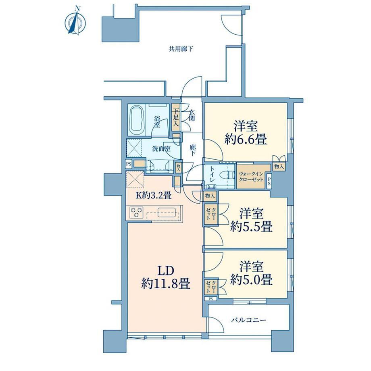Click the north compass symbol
75,21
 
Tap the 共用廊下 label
181,49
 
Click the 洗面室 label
161,149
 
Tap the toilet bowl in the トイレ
226,175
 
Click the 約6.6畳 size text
246,139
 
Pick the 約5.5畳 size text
252,227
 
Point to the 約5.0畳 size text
251,279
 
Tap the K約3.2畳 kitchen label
153,196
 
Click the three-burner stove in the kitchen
137,212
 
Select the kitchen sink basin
166,212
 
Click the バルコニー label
249,320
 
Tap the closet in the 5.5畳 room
211,214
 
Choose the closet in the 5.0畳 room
211,287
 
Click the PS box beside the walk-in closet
269,182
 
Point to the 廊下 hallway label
193,150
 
